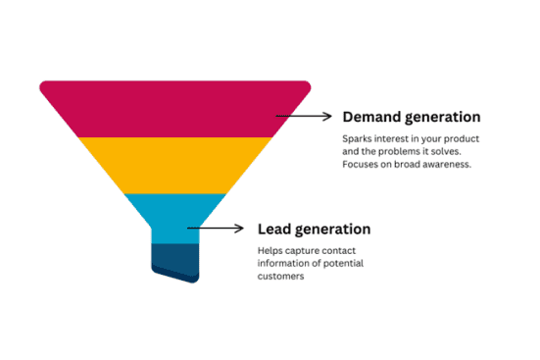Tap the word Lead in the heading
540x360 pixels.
coord(274,230)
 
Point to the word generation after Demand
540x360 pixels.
coord(442,117)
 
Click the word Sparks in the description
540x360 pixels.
coord(358,138)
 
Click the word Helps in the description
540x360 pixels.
coord(270,251)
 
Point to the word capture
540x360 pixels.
coord(305,251)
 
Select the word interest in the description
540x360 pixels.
coord(395,138)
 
